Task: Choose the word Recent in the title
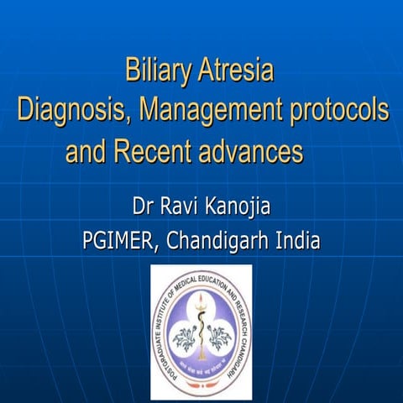[152, 152]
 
